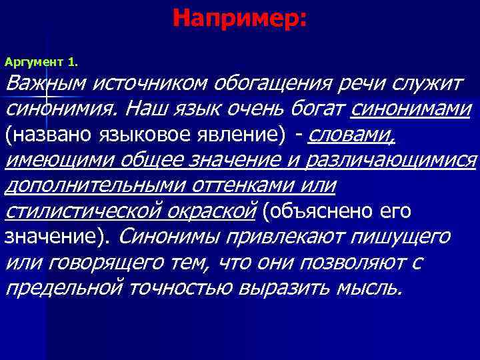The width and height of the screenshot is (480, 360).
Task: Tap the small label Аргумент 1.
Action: tap(41, 62)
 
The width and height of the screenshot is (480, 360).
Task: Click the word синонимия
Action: tap(61, 108)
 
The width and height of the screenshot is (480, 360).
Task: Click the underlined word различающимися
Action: tap(407, 160)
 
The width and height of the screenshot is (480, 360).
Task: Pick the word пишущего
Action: tap(399, 237)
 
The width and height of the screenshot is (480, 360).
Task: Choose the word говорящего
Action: tap(105, 263)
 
